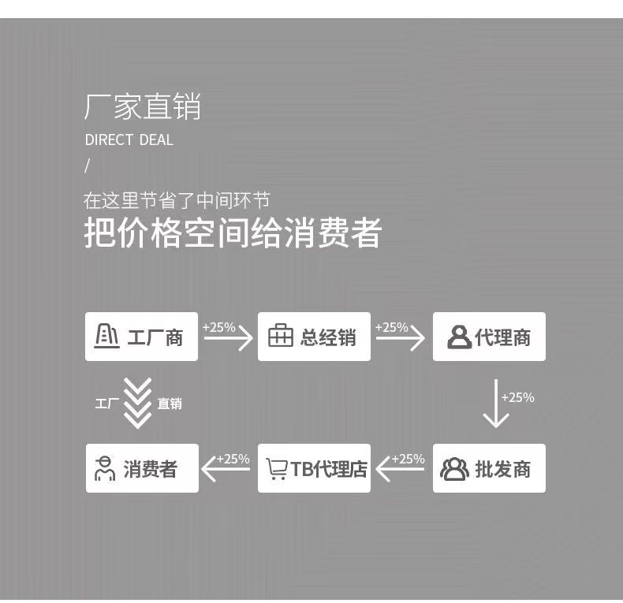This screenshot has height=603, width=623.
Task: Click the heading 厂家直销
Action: [x=142, y=107]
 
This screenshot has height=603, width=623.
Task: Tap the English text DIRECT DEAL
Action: [x=129, y=140]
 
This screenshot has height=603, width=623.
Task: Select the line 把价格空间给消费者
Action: [x=233, y=233]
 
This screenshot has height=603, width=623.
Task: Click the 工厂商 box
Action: [x=141, y=337]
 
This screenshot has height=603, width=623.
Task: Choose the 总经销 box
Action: [x=314, y=337]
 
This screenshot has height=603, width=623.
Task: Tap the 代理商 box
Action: [x=489, y=337]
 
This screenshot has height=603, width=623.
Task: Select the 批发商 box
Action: [x=489, y=468]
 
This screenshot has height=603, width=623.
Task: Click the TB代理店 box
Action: [x=314, y=468]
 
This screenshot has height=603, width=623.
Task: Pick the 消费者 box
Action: [x=142, y=468]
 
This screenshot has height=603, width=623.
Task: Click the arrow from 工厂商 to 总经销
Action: [x=229, y=338]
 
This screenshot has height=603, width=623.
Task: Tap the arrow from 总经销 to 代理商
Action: [x=401, y=338]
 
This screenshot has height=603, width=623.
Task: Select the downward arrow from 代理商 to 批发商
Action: [x=495, y=403]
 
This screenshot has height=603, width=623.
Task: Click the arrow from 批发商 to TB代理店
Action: [x=401, y=470]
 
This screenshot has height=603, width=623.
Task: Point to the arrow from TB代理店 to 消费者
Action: [x=226, y=470]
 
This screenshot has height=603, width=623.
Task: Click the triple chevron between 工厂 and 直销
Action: [x=138, y=403]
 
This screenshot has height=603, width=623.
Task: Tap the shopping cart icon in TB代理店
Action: [x=276, y=469]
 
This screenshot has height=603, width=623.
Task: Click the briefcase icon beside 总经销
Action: [x=280, y=337]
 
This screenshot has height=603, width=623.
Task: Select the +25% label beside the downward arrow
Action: [x=518, y=397]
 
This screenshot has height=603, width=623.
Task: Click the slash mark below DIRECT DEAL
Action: [x=88, y=166]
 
